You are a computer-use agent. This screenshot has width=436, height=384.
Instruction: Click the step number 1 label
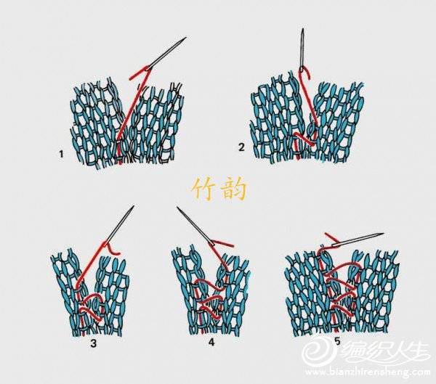click(x=61, y=154)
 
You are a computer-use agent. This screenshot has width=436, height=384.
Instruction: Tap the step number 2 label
click(x=241, y=147)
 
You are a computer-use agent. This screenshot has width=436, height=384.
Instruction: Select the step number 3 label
click(x=94, y=343)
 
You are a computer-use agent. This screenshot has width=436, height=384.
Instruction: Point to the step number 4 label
click(x=211, y=343)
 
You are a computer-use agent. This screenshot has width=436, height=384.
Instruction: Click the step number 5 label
click(x=338, y=341)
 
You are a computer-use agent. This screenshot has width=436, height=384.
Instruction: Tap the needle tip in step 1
click(x=186, y=37)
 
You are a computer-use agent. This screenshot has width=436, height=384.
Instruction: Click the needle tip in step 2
click(x=303, y=29)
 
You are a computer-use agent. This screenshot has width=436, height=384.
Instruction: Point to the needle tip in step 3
click(x=134, y=206)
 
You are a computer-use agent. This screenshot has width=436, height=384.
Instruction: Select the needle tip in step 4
click(x=177, y=208)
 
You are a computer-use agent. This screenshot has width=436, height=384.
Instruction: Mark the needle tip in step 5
click(x=384, y=234)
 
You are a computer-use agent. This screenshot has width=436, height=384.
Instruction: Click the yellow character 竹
click(x=204, y=189)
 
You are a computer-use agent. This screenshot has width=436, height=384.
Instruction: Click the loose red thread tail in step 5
click(x=331, y=237)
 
